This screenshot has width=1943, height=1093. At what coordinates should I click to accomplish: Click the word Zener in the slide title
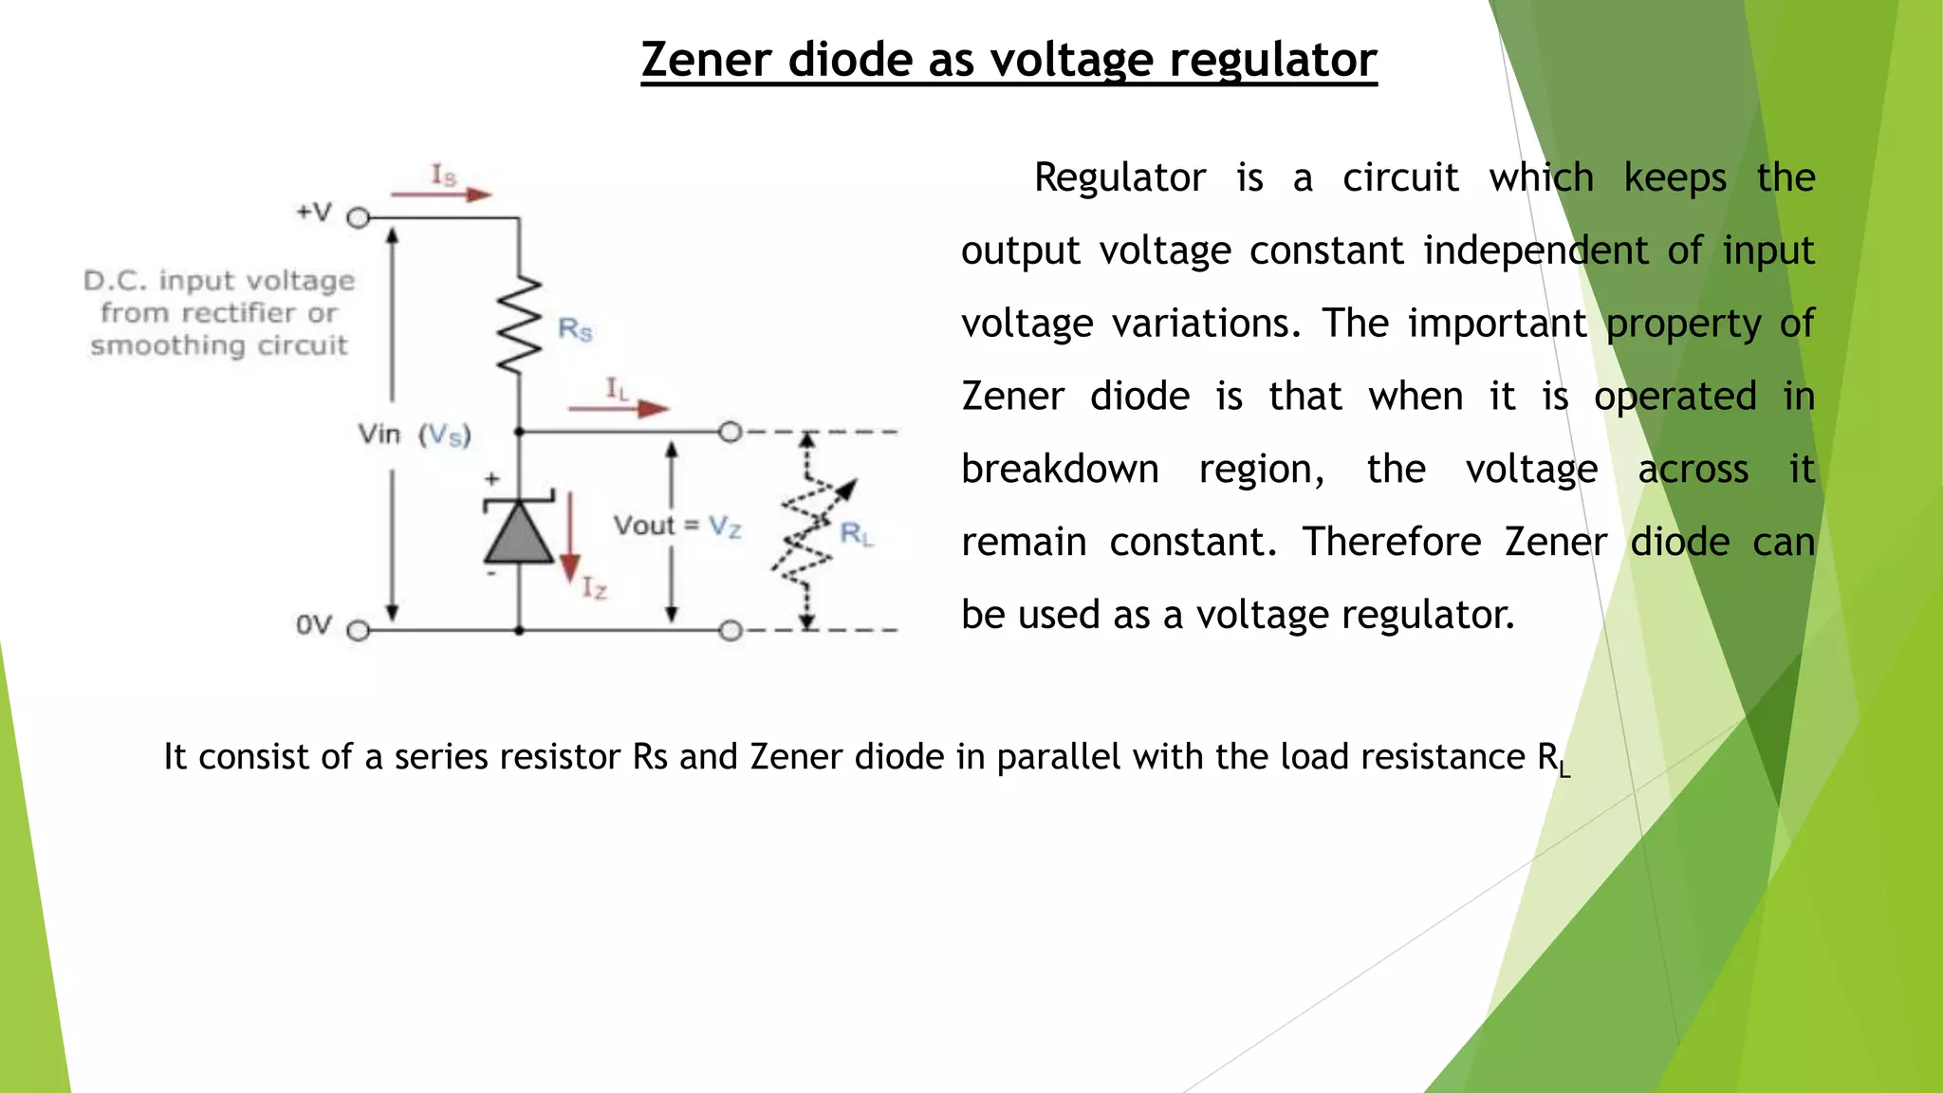tap(706, 60)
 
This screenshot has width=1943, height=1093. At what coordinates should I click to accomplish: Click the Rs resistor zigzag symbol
tap(519, 325)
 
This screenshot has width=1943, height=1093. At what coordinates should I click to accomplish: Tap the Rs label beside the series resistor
tap(575, 330)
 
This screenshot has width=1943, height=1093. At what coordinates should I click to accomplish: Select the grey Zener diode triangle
tap(519, 532)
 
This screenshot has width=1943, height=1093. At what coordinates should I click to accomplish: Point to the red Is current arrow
tap(442, 195)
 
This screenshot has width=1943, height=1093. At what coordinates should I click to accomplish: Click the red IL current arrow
tap(619, 409)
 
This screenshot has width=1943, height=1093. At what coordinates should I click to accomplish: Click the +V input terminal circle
tap(358, 218)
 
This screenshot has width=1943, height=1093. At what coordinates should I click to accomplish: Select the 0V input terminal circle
tap(358, 631)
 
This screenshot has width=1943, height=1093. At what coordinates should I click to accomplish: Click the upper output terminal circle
tap(730, 433)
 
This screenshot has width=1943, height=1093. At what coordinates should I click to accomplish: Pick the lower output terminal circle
tap(730, 631)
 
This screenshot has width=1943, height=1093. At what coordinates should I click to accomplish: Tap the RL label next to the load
tap(856, 534)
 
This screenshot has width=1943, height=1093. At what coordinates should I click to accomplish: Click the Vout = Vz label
tap(676, 526)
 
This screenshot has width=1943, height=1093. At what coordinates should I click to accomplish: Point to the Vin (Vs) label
tap(415, 435)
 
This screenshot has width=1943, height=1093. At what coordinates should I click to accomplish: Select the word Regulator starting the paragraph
tap(1120, 178)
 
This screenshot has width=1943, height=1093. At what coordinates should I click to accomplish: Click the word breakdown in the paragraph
tap(1060, 470)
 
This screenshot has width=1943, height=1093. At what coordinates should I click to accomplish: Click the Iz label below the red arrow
tap(595, 589)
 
